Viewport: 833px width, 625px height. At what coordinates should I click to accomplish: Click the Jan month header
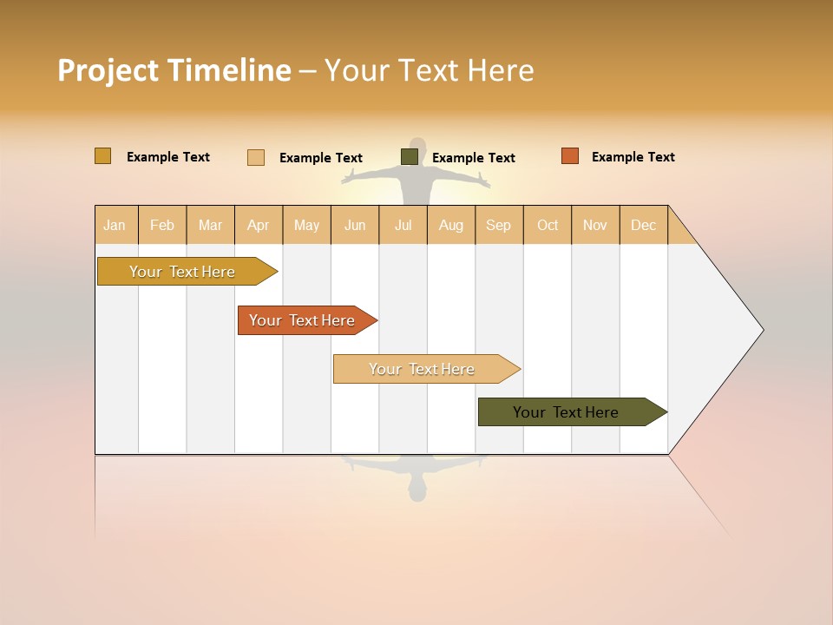click(115, 225)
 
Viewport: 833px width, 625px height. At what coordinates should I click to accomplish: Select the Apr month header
click(259, 225)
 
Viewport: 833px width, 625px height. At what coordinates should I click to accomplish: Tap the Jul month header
click(403, 225)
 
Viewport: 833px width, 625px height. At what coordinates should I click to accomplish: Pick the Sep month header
click(499, 225)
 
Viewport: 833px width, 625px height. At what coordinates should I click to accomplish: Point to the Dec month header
click(644, 225)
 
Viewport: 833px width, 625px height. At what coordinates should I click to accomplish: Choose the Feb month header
click(162, 225)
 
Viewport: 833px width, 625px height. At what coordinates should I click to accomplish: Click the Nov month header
click(595, 225)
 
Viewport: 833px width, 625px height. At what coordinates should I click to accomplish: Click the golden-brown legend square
click(103, 156)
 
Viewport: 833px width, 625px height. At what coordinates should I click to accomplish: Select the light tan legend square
click(256, 157)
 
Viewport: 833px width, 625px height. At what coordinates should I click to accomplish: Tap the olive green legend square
click(410, 156)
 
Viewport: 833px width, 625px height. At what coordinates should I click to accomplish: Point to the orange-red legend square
click(570, 156)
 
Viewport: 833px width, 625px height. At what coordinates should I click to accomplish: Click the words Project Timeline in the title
click(174, 70)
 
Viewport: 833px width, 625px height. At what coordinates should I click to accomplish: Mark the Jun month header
click(355, 225)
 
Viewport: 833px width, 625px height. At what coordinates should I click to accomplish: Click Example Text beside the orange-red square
click(633, 157)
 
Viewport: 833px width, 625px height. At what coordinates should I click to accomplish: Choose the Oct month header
click(548, 225)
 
